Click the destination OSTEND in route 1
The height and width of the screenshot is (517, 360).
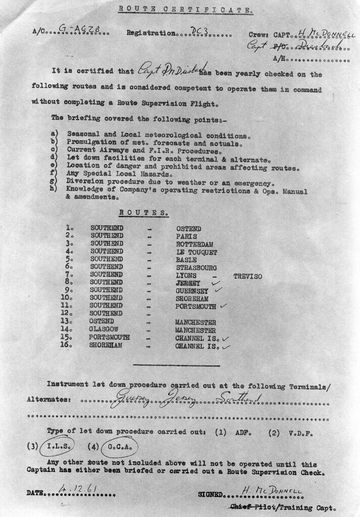tap(188, 228)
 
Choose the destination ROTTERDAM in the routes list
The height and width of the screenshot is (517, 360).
tap(194, 244)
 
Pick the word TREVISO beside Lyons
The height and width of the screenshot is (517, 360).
tap(247, 276)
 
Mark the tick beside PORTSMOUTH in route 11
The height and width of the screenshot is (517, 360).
tap(223, 306)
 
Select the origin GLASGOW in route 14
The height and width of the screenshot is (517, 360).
tap(106, 330)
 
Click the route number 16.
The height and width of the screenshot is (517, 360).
tap(69, 345)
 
